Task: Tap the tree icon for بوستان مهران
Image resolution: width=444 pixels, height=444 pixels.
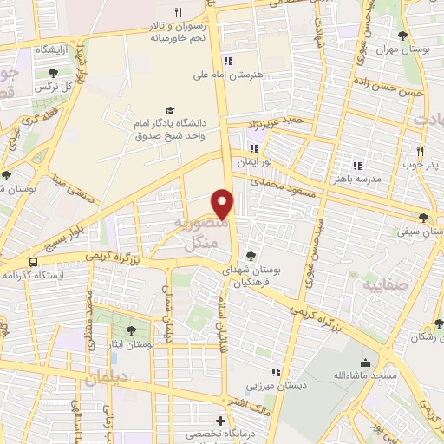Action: coord(402,36)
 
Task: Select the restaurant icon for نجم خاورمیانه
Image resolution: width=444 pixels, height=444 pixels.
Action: coord(178,12)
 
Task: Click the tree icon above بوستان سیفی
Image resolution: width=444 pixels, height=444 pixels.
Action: coord(423,218)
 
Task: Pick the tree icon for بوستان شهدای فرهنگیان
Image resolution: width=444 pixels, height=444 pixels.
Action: coord(251,255)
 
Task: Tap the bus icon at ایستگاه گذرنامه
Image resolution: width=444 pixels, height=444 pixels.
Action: coord(33,261)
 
